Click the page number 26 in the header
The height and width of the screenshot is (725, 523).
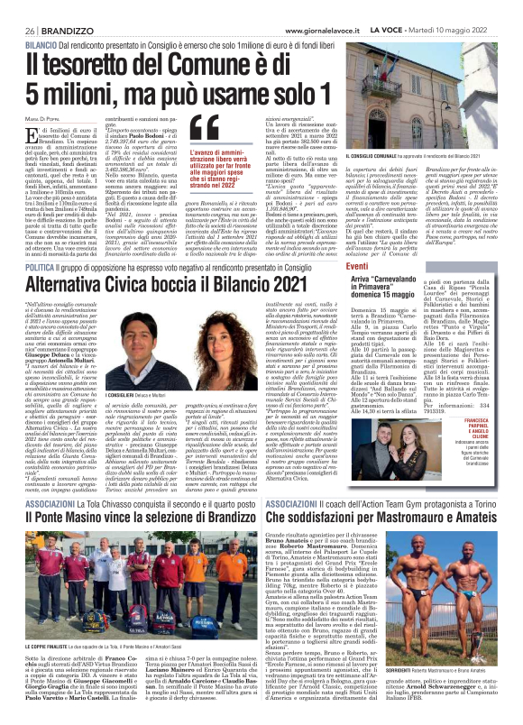point(30,29)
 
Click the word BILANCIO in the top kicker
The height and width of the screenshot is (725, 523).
point(41,44)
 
